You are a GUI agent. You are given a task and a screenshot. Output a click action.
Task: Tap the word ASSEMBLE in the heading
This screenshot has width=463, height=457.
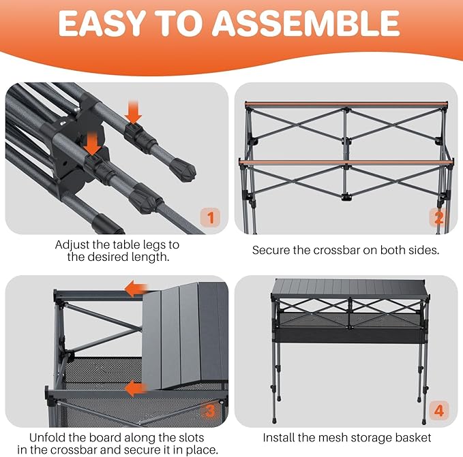[306, 23]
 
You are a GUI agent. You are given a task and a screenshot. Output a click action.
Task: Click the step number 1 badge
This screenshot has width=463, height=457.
[210, 217]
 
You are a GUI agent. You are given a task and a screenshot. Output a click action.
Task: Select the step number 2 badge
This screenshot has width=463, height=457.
[439, 217]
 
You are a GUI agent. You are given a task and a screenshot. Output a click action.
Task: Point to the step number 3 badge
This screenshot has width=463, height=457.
[210, 411]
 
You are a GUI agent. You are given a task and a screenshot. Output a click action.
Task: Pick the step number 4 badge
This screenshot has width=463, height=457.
[439, 411]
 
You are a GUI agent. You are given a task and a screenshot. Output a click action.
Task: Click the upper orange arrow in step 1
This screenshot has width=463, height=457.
[133, 112]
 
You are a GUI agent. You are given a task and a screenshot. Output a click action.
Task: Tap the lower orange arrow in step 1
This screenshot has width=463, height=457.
[93, 144]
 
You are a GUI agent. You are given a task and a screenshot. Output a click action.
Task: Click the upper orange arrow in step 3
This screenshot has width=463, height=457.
[136, 289]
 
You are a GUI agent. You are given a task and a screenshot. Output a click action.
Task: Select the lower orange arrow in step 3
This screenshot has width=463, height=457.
[136, 389]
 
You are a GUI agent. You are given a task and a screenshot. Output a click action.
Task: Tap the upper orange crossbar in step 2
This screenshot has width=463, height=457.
[346, 104]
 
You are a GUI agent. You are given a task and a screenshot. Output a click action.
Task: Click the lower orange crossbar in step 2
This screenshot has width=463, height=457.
[346, 162]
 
